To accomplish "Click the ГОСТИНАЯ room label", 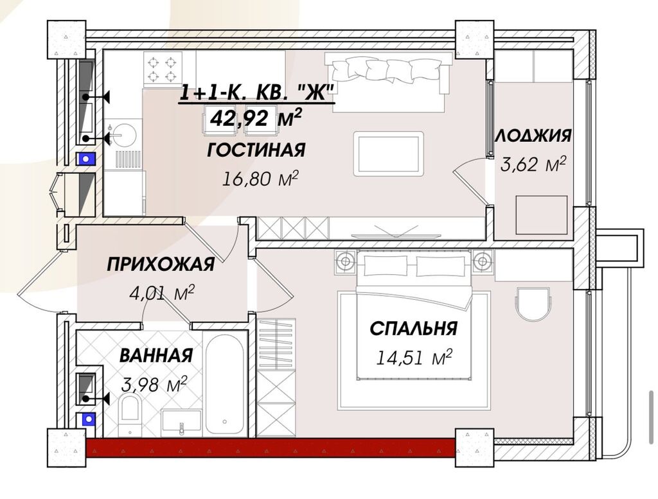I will pos(256,150).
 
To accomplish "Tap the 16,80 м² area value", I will pos(260,178).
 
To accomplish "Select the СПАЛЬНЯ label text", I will pos(413,328).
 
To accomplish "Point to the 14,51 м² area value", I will pos(414,356).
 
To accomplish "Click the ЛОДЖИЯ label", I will pos(533,136).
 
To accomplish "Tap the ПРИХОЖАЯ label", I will pos(160,264).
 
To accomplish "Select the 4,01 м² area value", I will pos(162,293).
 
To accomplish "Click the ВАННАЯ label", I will pos(156,355).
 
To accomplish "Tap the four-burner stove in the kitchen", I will pos(162,69).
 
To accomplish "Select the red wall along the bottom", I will pos(270,448).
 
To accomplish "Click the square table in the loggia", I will pos(542,214).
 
